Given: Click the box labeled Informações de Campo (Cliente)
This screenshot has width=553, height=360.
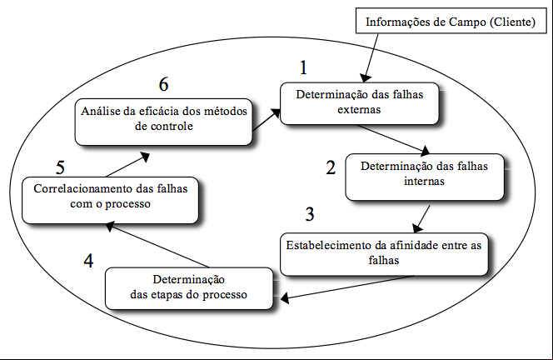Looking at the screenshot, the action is click(451, 21).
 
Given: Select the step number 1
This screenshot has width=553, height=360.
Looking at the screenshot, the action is click(303, 67).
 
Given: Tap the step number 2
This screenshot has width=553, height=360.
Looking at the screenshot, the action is click(331, 167).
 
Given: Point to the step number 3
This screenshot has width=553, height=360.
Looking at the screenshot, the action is click(309, 214).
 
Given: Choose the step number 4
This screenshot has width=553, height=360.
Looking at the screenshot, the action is click(88, 261).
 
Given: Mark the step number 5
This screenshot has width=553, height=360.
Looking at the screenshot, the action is click(60, 167).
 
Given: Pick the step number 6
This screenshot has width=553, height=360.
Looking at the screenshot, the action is click(163, 84).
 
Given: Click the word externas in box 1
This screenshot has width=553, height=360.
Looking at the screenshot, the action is click(359, 110).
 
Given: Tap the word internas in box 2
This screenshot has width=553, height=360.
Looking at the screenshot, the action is click(424, 182).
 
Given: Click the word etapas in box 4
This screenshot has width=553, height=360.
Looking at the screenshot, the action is click(167, 295).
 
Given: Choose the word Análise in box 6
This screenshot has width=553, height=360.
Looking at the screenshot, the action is click(101, 111).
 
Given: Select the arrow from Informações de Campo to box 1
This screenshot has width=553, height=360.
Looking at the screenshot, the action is click(371, 57).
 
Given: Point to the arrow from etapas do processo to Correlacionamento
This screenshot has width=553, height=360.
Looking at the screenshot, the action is click(157, 244).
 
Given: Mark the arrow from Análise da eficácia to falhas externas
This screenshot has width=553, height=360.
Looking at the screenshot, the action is click(267, 120).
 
